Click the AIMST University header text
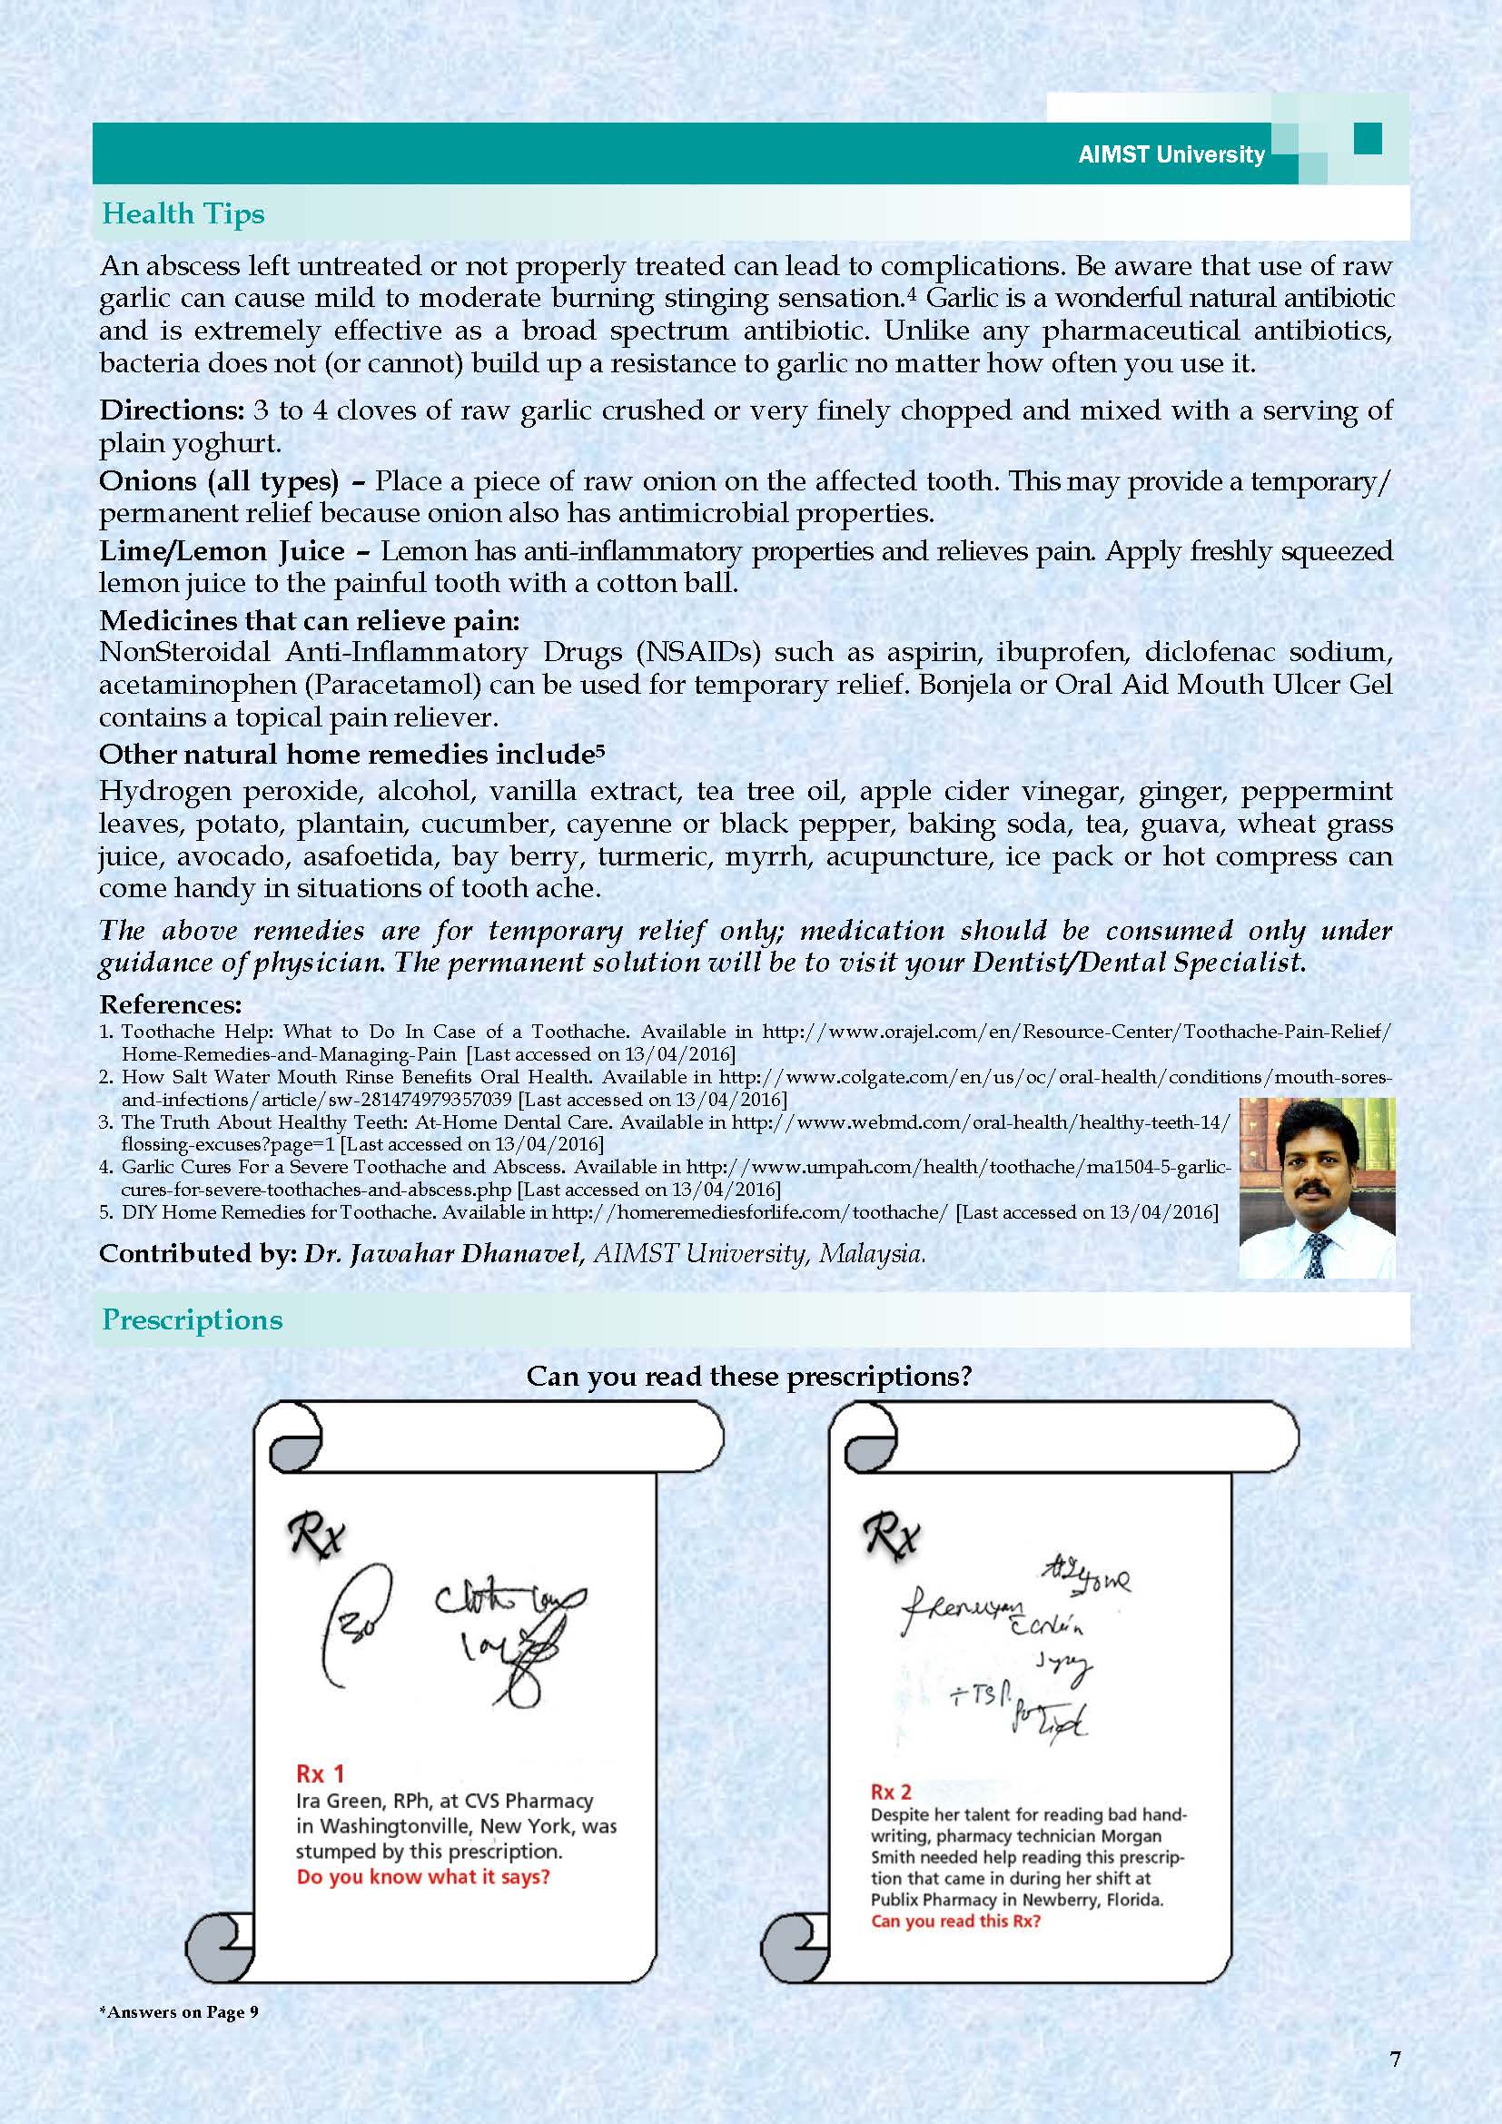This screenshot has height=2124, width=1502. pyautogui.click(x=1171, y=155)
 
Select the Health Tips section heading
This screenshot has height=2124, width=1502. pyautogui.click(x=183, y=213)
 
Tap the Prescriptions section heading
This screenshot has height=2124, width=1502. pyautogui.click(x=193, y=1319)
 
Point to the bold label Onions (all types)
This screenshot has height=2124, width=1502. pyautogui.click(x=217, y=481)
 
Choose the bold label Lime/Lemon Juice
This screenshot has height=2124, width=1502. pyautogui.click(x=222, y=551)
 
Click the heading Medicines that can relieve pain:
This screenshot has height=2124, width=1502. pyautogui.click(x=310, y=620)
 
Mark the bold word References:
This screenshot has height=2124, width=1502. pyautogui.click(x=170, y=1004)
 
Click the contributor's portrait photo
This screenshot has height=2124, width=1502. pyautogui.click(x=1316, y=1188)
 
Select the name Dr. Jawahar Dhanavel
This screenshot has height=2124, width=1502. pyautogui.click(x=437, y=1254)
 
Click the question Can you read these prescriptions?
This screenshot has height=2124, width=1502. pyautogui.click(x=749, y=1377)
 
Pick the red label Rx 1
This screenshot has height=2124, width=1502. pyautogui.click(x=320, y=1773)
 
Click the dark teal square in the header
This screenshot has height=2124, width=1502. pyautogui.click(x=1367, y=140)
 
